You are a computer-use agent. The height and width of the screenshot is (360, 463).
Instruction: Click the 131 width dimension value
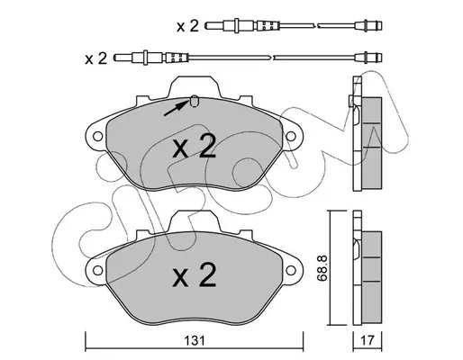pos(195,341)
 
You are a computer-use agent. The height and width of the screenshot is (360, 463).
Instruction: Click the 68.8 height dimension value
pos(322,268)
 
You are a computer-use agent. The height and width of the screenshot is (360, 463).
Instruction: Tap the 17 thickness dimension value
pos(368,341)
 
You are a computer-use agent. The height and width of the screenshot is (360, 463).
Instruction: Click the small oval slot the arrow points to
pos(195,101)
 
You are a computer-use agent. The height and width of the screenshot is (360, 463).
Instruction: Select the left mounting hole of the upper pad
pos(97,137)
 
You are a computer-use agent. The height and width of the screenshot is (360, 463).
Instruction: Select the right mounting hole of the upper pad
pos(291,137)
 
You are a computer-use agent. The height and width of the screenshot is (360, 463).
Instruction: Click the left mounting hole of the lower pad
pos(97,270)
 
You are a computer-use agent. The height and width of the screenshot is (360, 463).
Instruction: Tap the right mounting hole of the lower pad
pos(291,270)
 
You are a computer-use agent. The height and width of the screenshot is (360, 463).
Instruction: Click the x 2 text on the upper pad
pos(195,146)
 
